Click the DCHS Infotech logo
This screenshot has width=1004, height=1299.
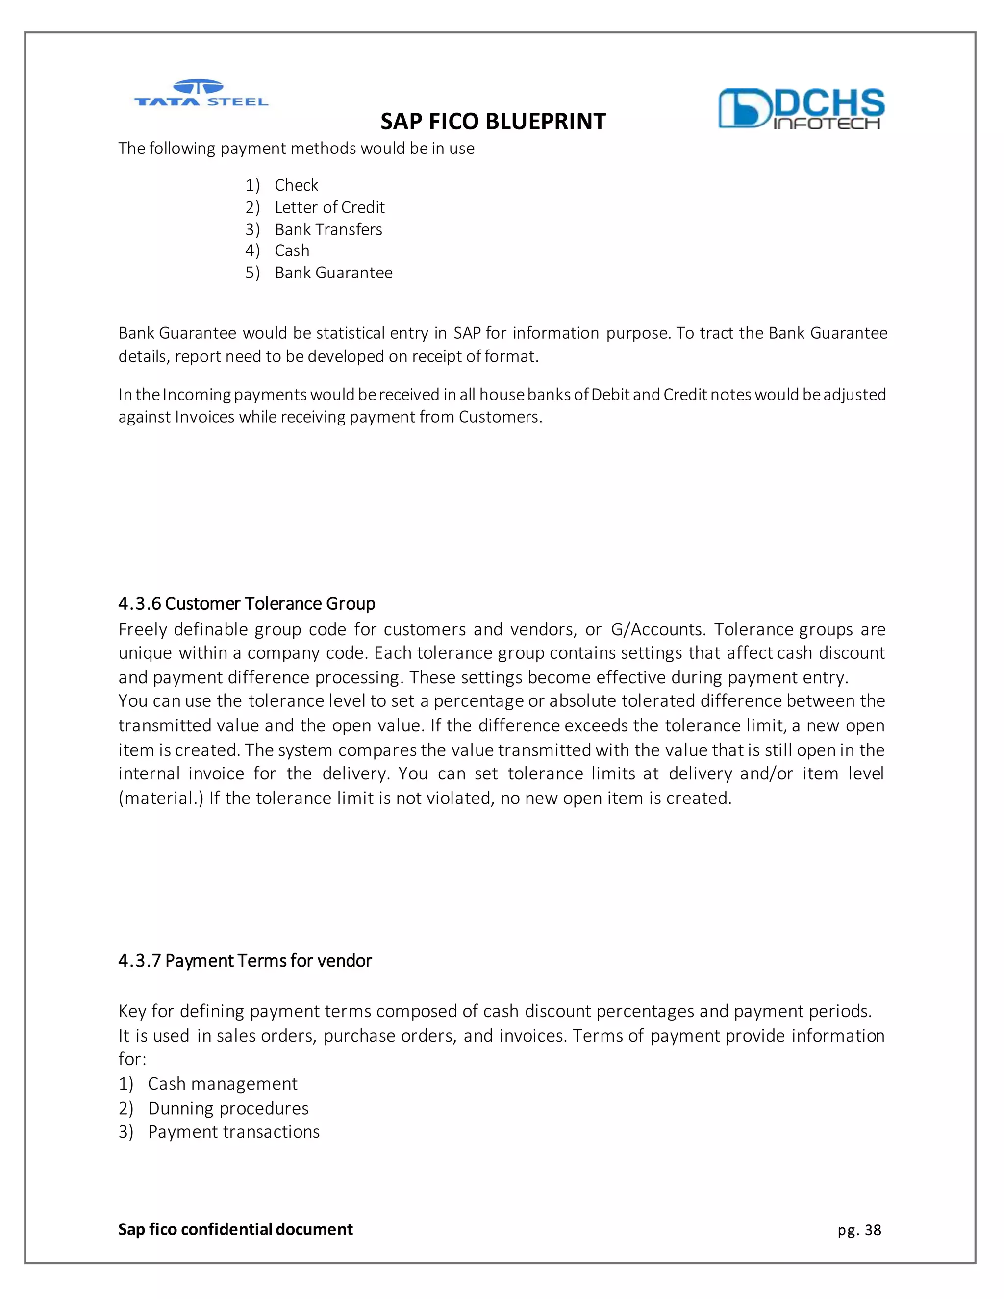coord(801,109)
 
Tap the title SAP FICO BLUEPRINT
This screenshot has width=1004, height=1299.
coord(493,122)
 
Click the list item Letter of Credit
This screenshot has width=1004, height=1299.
coord(329,207)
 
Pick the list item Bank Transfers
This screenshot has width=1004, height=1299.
coord(328,229)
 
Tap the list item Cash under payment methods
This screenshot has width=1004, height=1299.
coord(292,250)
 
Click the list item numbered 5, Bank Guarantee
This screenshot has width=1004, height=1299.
coord(333,273)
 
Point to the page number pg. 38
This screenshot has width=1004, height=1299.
coord(859,1229)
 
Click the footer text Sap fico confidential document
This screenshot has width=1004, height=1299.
coord(235,1229)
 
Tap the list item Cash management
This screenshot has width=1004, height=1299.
coord(223,1083)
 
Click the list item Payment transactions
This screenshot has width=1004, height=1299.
coord(233,1131)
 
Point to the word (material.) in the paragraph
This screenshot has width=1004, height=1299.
coord(161,798)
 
